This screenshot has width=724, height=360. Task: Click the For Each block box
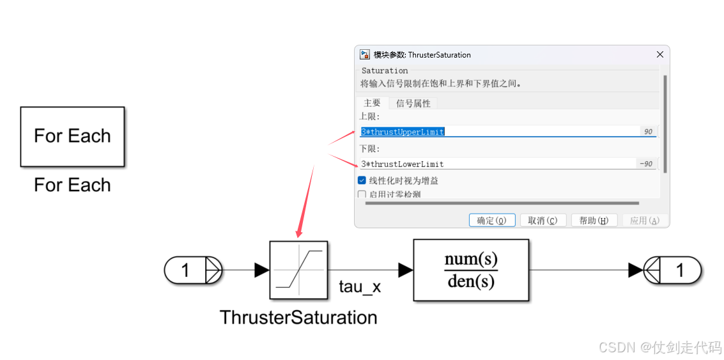tap(72, 136)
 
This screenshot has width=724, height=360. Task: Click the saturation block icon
tap(298, 270)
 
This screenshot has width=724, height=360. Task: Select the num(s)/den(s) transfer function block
tap(471, 270)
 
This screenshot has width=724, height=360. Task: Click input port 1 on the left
tap(192, 270)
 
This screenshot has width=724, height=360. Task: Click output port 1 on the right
tap(673, 270)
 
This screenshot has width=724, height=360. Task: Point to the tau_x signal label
tap(360, 287)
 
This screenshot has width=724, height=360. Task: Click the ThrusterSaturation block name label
tap(298, 317)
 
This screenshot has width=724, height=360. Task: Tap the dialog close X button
tap(660, 54)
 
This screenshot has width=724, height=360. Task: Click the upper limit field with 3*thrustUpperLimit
tap(498, 132)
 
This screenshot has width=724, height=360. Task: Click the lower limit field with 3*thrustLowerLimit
tap(498, 164)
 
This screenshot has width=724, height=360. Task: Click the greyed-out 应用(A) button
tap(644, 221)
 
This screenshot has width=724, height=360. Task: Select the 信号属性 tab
tap(413, 103)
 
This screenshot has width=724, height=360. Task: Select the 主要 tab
tap(372, 103)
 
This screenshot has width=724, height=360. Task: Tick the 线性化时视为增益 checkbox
tap(362, 181)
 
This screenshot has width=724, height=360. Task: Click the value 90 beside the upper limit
tap(648, 132)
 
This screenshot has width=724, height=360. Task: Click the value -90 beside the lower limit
tap(646, 164)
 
